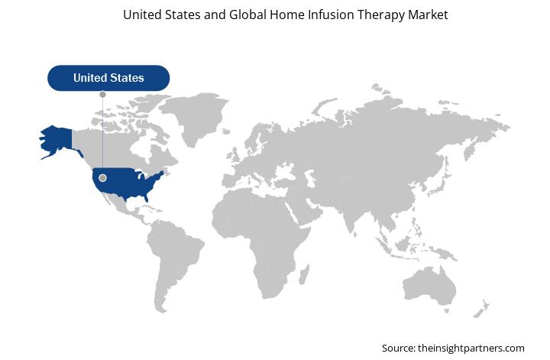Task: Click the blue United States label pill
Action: click(108, 78)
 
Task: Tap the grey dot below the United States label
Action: click(103, 94)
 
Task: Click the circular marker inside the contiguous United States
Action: click(103, 178)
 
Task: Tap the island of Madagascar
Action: click(305, 274)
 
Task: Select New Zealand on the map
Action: click(481, 309)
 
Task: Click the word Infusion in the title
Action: click(332, 15)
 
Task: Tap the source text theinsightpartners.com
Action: click(471, 349)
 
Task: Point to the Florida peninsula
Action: click(146, 197)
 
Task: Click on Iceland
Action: click(226, 131)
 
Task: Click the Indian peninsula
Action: click(349, 218)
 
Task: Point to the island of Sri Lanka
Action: click(355, 234)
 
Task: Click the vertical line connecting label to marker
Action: click(103, 136)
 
